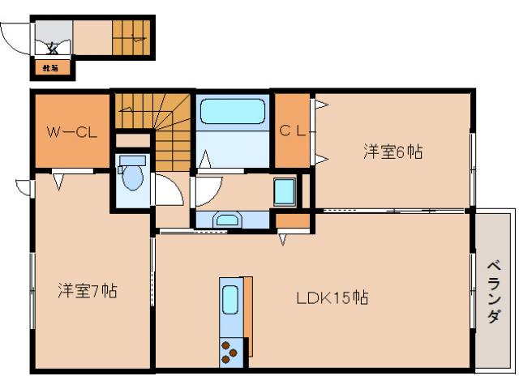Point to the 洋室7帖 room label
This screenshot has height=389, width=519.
click(x=87, y=290)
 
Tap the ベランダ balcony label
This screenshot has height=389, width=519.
click(x=493, y=292)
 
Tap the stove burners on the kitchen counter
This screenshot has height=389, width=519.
click(x=229, y=352)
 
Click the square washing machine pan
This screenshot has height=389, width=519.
click(x=285, y=191)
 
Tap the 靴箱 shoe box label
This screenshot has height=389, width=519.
click(x=50, y=68)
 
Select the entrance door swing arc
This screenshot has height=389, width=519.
click(x=15, y=36)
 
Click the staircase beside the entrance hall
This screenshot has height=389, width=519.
click(x=130, y=36)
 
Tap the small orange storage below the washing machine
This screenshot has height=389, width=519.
click(x=292, y=220)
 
